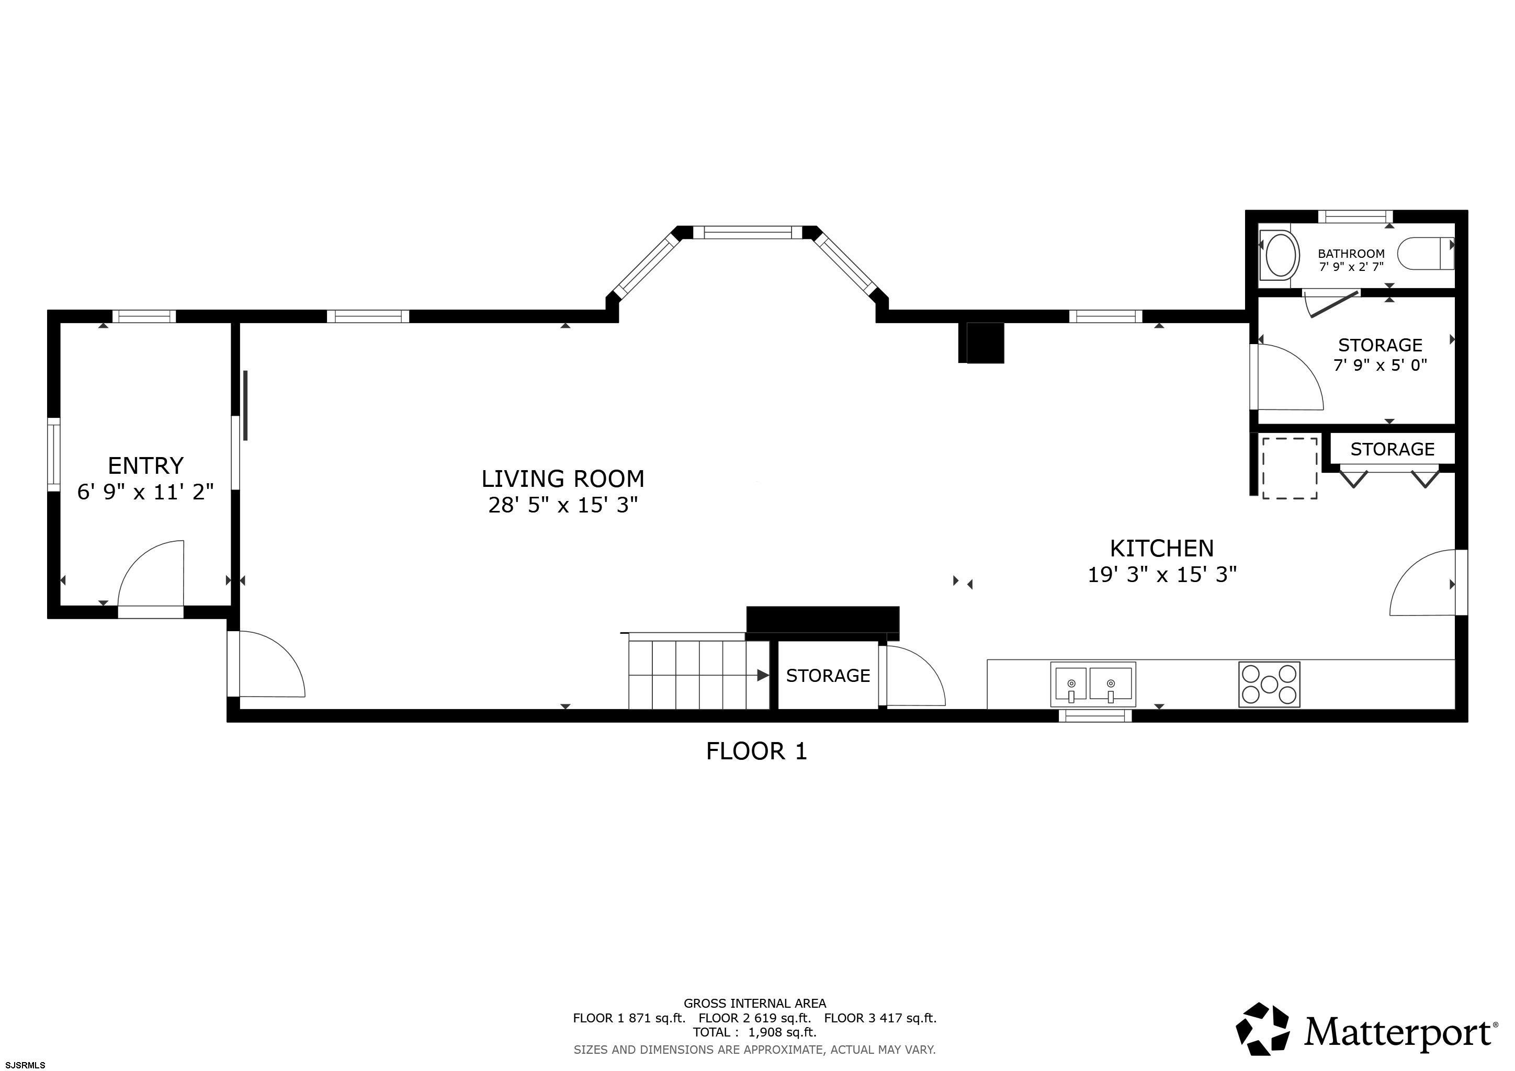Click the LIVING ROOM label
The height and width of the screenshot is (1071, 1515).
[562, 478]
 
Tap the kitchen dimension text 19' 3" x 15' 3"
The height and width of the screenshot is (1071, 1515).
[1161, 574]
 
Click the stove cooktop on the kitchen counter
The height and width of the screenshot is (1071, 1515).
[1269, 685]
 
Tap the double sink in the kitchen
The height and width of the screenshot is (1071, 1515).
[1093, 685]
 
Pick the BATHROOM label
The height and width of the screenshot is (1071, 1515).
[1351, 253]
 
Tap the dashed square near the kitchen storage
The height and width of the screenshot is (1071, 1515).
[1290, 468]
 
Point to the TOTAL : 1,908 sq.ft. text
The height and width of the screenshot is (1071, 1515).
[754, 1032]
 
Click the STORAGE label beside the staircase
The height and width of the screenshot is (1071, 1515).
[828, 675]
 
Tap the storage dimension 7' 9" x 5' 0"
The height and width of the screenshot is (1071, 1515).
[1380, 364]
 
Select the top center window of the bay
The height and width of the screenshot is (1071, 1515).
[747, 232]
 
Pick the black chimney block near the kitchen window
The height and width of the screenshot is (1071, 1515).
[981, 343]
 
